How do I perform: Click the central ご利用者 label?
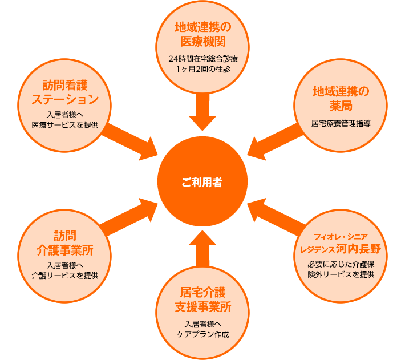coord(202,183)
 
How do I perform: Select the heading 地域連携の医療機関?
coord(202,34)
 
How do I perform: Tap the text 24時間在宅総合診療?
coord(203,59)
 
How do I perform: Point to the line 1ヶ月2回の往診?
coord(203,69)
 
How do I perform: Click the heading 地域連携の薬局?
coord(341,99)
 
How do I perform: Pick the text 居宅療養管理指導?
coord(341,123)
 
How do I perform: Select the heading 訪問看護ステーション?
coord(65,92)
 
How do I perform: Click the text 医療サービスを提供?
coord(65,125)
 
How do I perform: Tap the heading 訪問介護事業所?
coord(65,243)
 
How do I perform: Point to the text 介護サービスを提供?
coord(65,276)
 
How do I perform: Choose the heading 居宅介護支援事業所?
coord(203,300)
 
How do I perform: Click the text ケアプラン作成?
coord(203,334)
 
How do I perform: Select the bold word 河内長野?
coord(359,249)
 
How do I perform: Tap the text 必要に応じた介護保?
coord(341,264)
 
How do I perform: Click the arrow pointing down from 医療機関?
coord(202,112)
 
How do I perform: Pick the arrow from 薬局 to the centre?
coord(275,142)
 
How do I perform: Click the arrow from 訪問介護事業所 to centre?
coord(128,217)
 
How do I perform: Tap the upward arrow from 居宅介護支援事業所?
coord(202,249)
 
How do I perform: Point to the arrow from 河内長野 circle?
coord(277,217)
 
